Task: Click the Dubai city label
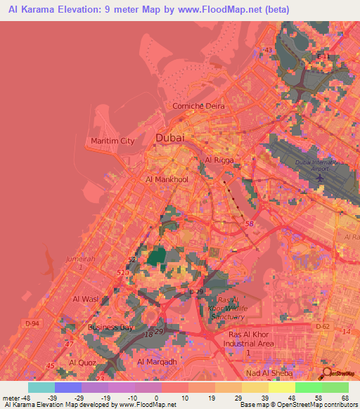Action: coord(170,138)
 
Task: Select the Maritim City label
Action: coord(112,141)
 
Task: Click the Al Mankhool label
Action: coord(167,180)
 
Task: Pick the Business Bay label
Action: coord(111,327)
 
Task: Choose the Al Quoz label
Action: coord(82,362)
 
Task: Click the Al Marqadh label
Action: coord(156,361)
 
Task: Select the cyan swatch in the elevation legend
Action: coord(41,387)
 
